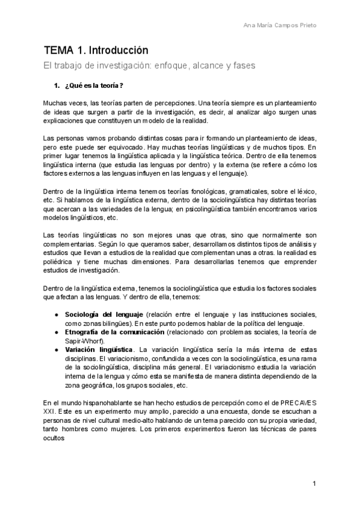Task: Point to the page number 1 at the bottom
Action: click(314, 484)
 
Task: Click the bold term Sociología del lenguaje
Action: click(103, 315)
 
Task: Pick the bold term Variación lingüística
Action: click(99, 349)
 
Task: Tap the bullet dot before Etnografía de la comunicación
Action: click(56, 332)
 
